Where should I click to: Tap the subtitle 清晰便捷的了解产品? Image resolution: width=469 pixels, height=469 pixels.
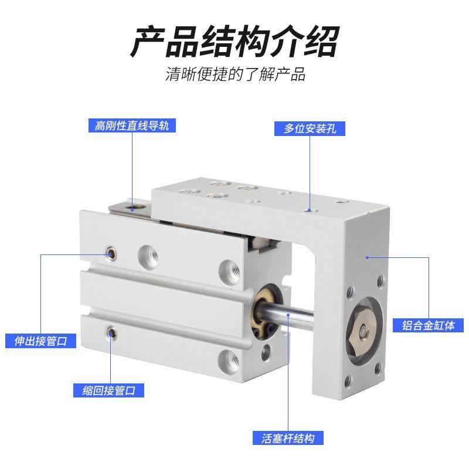point(235,75)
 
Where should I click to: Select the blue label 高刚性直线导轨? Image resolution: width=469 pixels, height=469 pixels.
point(131,125)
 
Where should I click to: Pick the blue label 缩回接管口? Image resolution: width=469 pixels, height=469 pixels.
point(108,390)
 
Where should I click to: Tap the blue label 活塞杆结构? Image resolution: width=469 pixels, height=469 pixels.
point(289,438)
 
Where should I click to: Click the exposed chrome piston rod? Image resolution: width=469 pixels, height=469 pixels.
point(305,318)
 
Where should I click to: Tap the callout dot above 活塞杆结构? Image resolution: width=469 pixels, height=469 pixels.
point(289,315)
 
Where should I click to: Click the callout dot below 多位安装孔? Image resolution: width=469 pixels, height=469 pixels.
point(309,208)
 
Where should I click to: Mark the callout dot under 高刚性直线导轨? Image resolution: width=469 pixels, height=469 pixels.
point(133,206)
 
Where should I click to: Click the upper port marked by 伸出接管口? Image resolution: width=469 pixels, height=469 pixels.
point(110,253)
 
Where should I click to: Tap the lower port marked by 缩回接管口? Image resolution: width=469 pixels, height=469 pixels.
point(110,334)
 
